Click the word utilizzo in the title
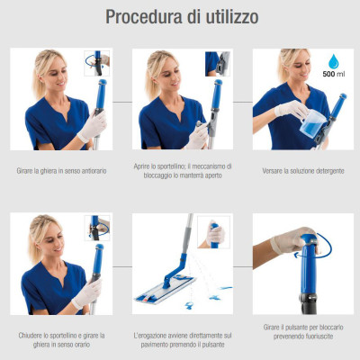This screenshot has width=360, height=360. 229,17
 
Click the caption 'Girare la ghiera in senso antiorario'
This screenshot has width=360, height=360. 60,170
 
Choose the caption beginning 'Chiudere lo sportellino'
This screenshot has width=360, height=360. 60,338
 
